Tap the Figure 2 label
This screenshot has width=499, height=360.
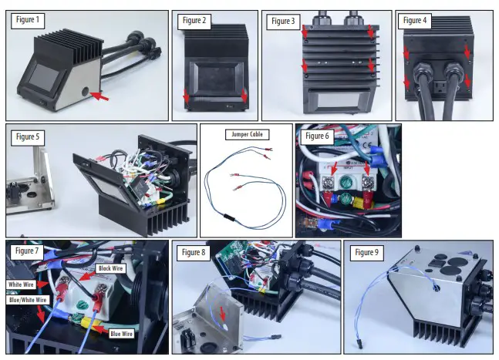194,21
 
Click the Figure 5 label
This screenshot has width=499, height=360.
29,137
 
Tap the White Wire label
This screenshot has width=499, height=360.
24,284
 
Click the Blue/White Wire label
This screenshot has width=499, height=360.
29,300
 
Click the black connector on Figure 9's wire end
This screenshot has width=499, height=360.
360,340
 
